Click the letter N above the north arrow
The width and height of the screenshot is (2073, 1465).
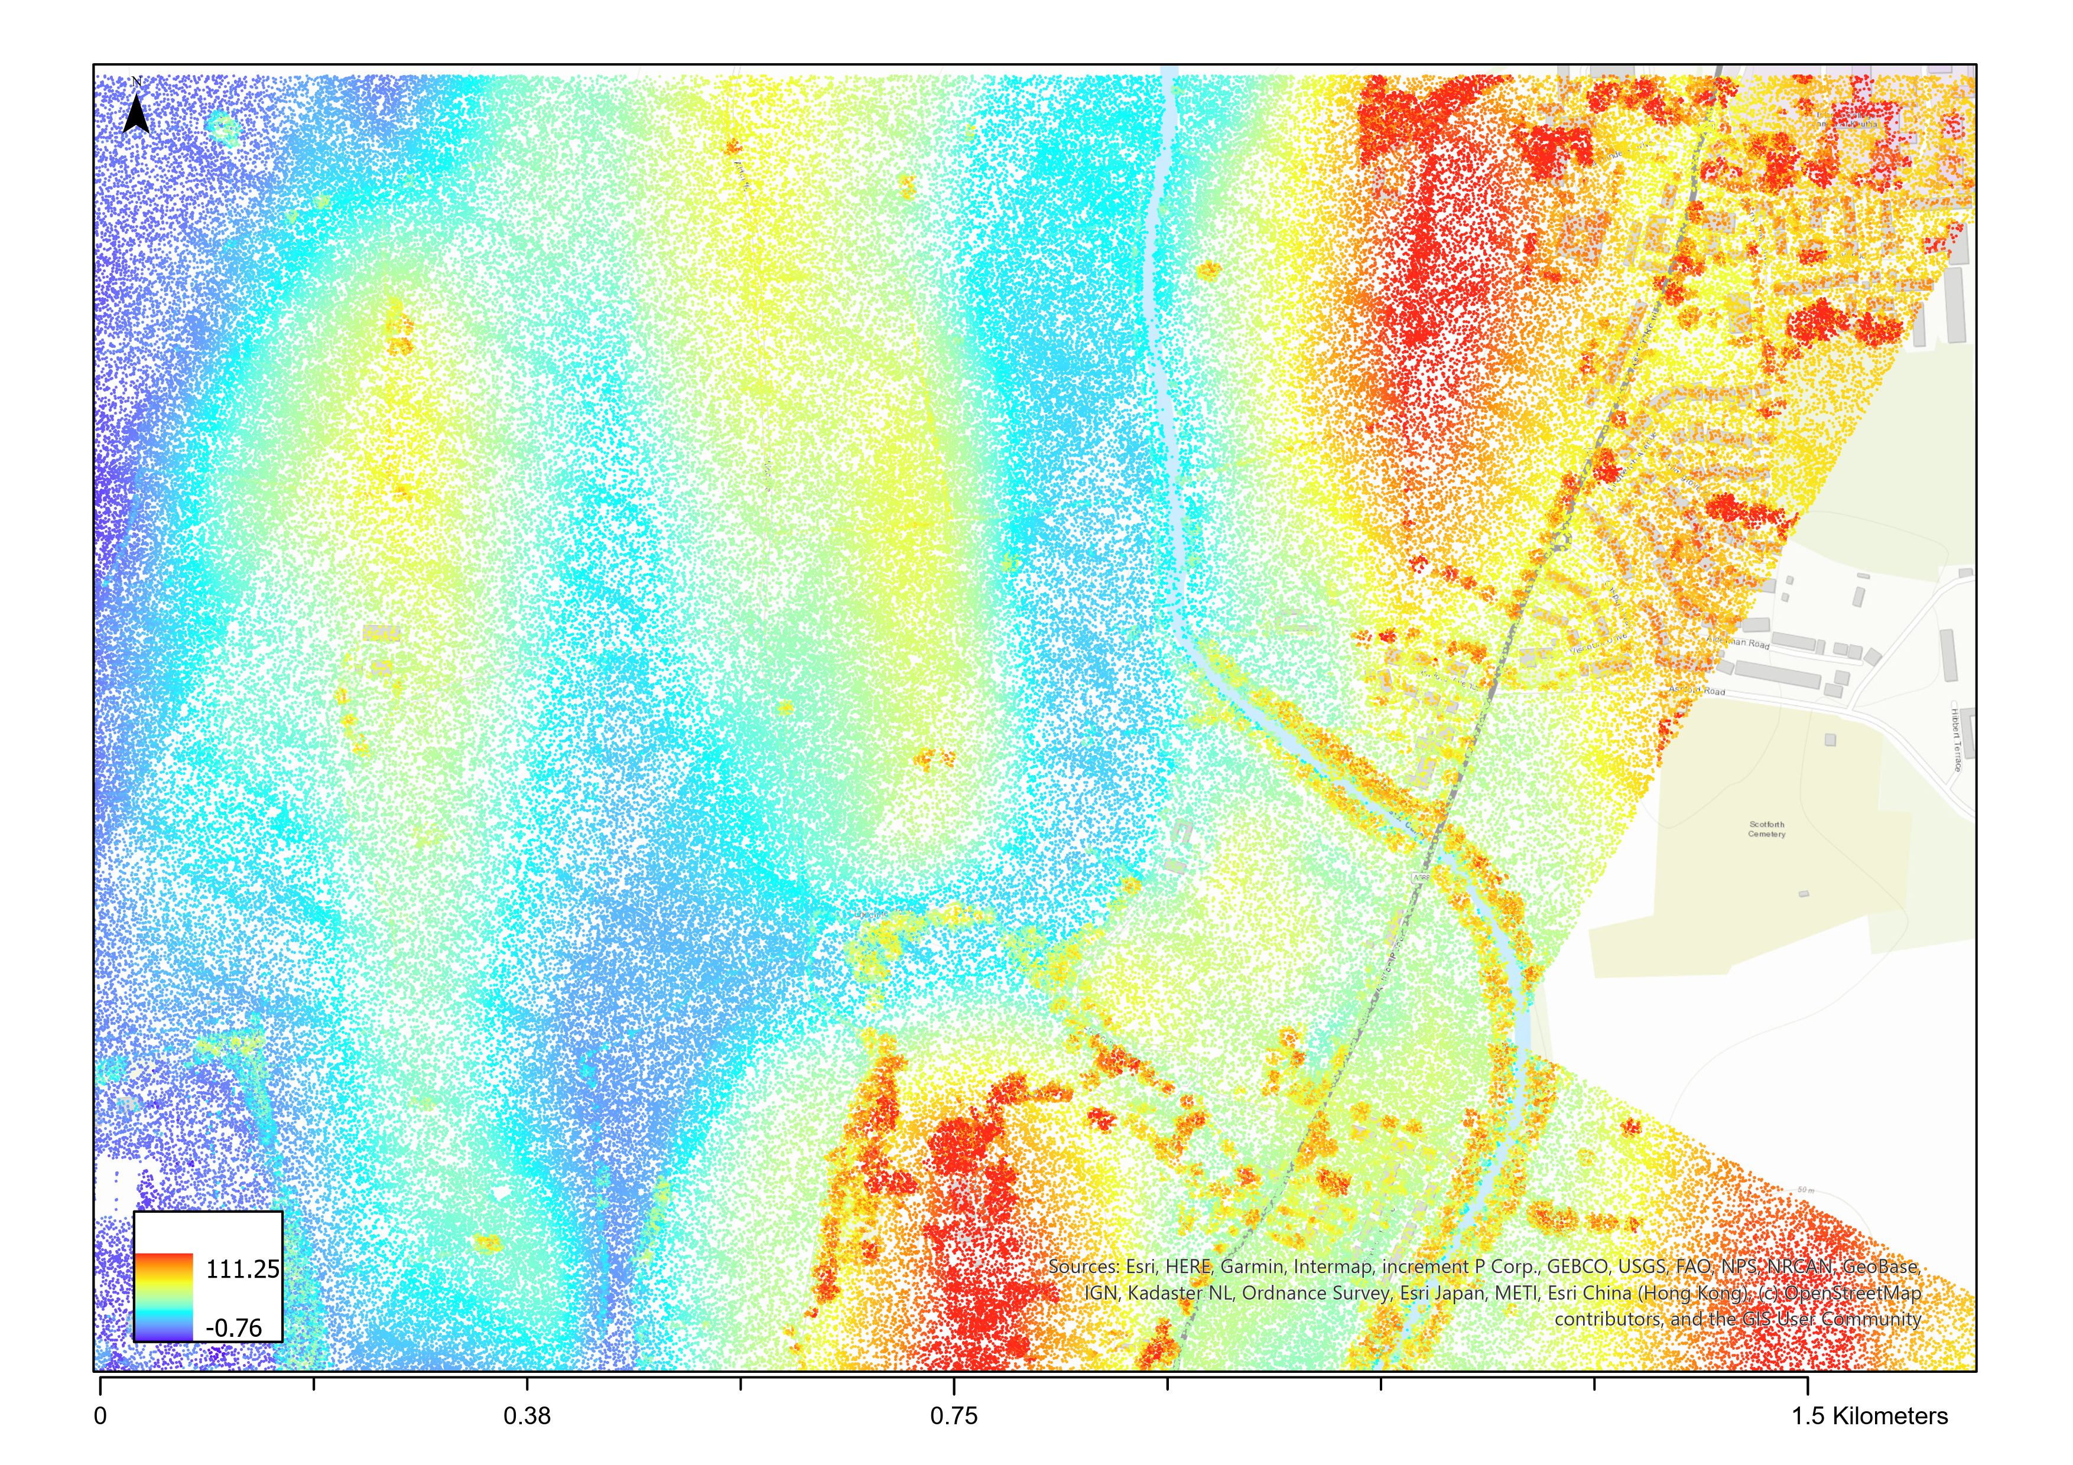137,82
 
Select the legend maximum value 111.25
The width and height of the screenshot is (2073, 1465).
242,1269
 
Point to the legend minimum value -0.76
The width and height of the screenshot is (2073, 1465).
234,1328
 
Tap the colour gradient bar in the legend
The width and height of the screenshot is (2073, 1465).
164,1295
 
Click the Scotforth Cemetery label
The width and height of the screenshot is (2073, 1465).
1767,829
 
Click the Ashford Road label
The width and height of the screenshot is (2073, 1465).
1697,691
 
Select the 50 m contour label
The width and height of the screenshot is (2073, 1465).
1806,1190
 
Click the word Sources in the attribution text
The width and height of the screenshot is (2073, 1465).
1083,1267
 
